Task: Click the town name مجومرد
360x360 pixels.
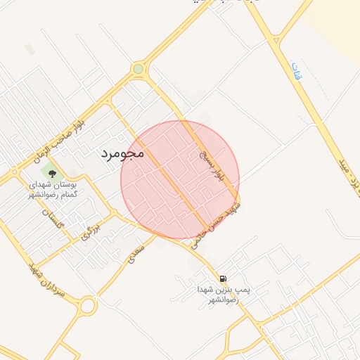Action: (122, 152)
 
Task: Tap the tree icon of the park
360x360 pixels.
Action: (51, 171)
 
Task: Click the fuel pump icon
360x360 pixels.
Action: (223, 278)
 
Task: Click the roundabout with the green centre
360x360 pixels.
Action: (138, 69)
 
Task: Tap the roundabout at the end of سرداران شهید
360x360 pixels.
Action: (88, 306)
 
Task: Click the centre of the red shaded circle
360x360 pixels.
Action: (180, 179)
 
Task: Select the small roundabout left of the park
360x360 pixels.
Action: (13, 171)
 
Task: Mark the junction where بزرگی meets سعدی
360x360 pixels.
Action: (112, 214)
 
